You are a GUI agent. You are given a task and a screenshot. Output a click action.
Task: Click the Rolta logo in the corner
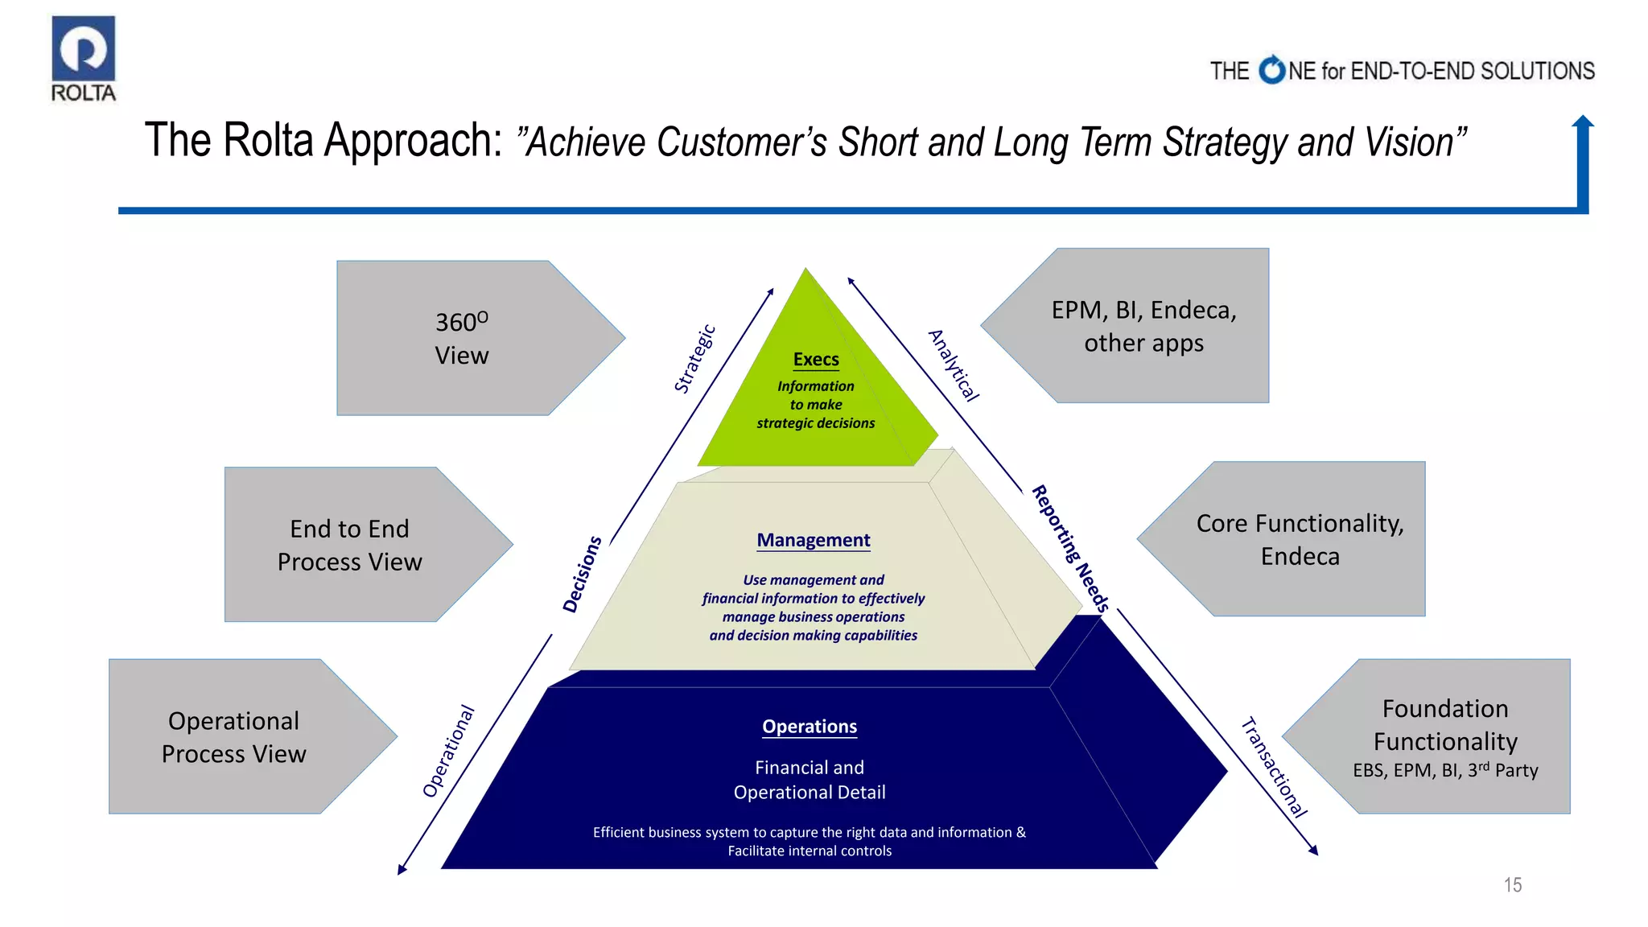[84, 58]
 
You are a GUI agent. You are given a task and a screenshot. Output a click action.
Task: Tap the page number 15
[1512, 885]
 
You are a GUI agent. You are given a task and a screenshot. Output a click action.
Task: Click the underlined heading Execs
[816, 360]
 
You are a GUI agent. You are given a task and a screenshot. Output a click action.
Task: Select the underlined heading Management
[813, 540]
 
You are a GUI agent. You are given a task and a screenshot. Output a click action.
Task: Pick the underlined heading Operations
[810, 727]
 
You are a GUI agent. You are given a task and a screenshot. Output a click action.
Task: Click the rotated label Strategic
[694, 359]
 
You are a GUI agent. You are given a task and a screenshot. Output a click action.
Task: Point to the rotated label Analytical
[954, 365]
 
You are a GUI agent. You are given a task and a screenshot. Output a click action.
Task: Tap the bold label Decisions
[582, 575]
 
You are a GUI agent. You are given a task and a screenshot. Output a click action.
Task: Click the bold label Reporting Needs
[1071, 549]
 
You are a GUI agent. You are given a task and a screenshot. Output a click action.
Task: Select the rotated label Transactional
[1274, 768]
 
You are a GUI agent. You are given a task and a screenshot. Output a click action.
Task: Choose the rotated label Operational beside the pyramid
[449, 752]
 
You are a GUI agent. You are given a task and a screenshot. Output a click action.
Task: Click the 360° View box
[463, 338]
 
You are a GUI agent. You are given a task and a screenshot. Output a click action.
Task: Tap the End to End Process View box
[350, 545]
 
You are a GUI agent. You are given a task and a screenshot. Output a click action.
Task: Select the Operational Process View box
[234, 737]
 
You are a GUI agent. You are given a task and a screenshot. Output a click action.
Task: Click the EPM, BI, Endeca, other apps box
[1143, 326]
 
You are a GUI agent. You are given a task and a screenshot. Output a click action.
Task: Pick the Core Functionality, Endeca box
[1300, 539]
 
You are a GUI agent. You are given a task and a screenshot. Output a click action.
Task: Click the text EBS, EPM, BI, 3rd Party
[1445, 771]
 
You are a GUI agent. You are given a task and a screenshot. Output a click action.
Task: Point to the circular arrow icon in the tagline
[1272, 70]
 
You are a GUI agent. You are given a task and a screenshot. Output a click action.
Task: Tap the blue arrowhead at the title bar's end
[1583, 122]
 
